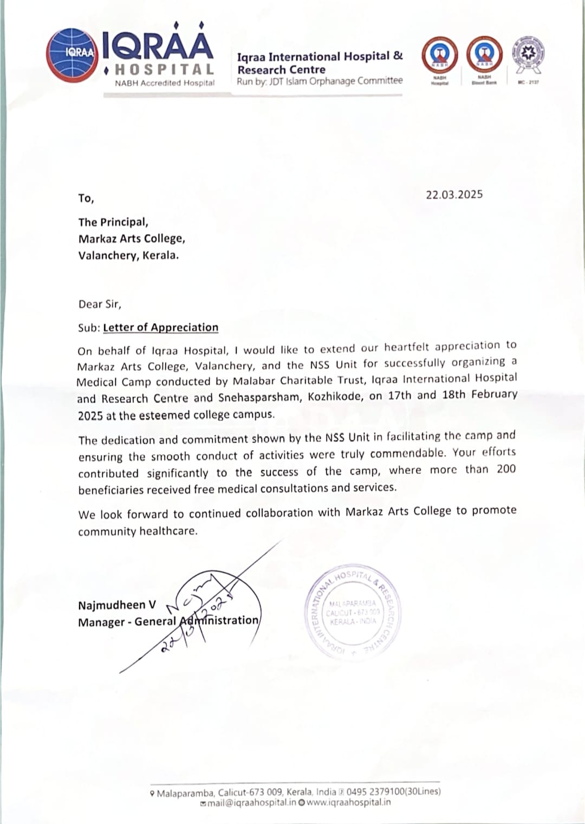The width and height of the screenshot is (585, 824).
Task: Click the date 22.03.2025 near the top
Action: tap(454, 195)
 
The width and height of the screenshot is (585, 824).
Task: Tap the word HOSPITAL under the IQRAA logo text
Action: tap(165, 69)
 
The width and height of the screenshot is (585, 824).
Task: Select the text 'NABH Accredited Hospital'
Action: tap(165, 83)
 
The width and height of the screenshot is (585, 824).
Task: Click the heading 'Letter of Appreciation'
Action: tap(160, 327)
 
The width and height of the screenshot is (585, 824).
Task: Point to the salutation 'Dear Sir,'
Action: tap(100, 304)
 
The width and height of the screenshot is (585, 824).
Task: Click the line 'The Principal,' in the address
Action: tap(113, 222)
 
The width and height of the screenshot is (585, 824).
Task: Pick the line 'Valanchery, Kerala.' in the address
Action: tap(128, 255)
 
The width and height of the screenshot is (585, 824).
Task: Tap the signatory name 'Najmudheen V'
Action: tap(116, 605)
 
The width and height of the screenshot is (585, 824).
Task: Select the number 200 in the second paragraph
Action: tap(506, 469)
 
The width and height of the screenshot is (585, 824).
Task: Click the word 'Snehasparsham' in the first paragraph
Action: tap(259, 397)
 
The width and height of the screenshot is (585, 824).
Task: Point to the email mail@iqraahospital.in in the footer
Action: tap(251, 802)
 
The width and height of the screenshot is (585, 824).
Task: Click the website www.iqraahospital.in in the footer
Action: tap(348, 802)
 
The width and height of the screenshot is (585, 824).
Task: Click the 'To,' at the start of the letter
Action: tap(86, 198)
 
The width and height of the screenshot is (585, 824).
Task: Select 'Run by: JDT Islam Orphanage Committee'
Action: tap(320, 81)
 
